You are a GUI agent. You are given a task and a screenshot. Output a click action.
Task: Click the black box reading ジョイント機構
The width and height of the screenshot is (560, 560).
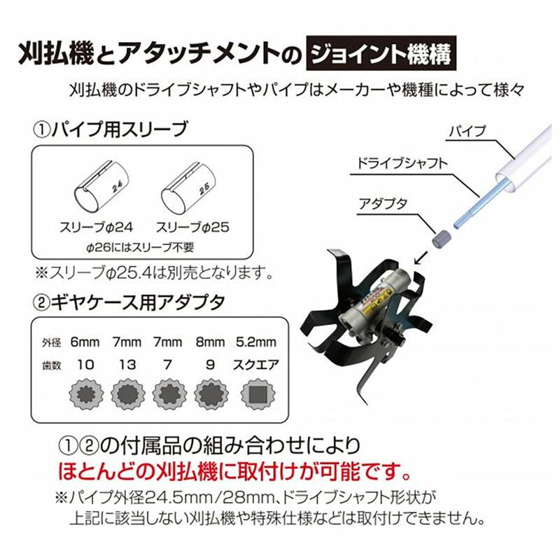click(x=384, y=53)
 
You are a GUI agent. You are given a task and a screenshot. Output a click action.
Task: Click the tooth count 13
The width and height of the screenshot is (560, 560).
click(x=127, y=365)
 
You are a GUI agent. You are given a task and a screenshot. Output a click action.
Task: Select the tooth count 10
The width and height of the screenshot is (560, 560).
click(x=85, y=365)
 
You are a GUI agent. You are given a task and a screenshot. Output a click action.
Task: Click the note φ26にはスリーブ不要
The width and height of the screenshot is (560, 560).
click(x=141, y=247)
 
